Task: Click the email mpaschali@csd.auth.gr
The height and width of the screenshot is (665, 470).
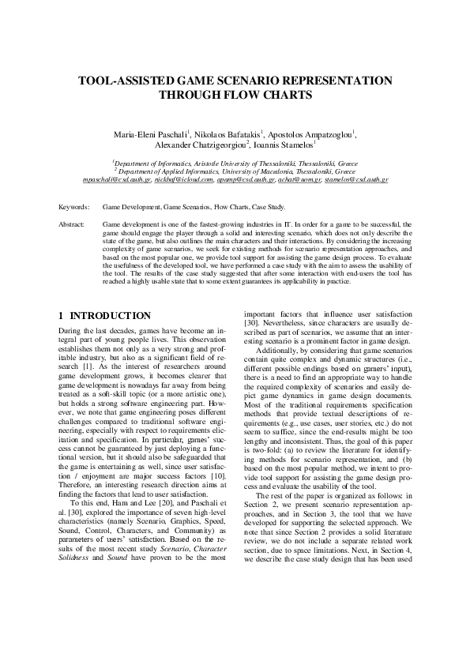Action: (116, 180)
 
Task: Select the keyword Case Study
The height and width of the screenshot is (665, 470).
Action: (269, 207)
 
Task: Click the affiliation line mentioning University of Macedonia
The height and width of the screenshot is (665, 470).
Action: (235, 171)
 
